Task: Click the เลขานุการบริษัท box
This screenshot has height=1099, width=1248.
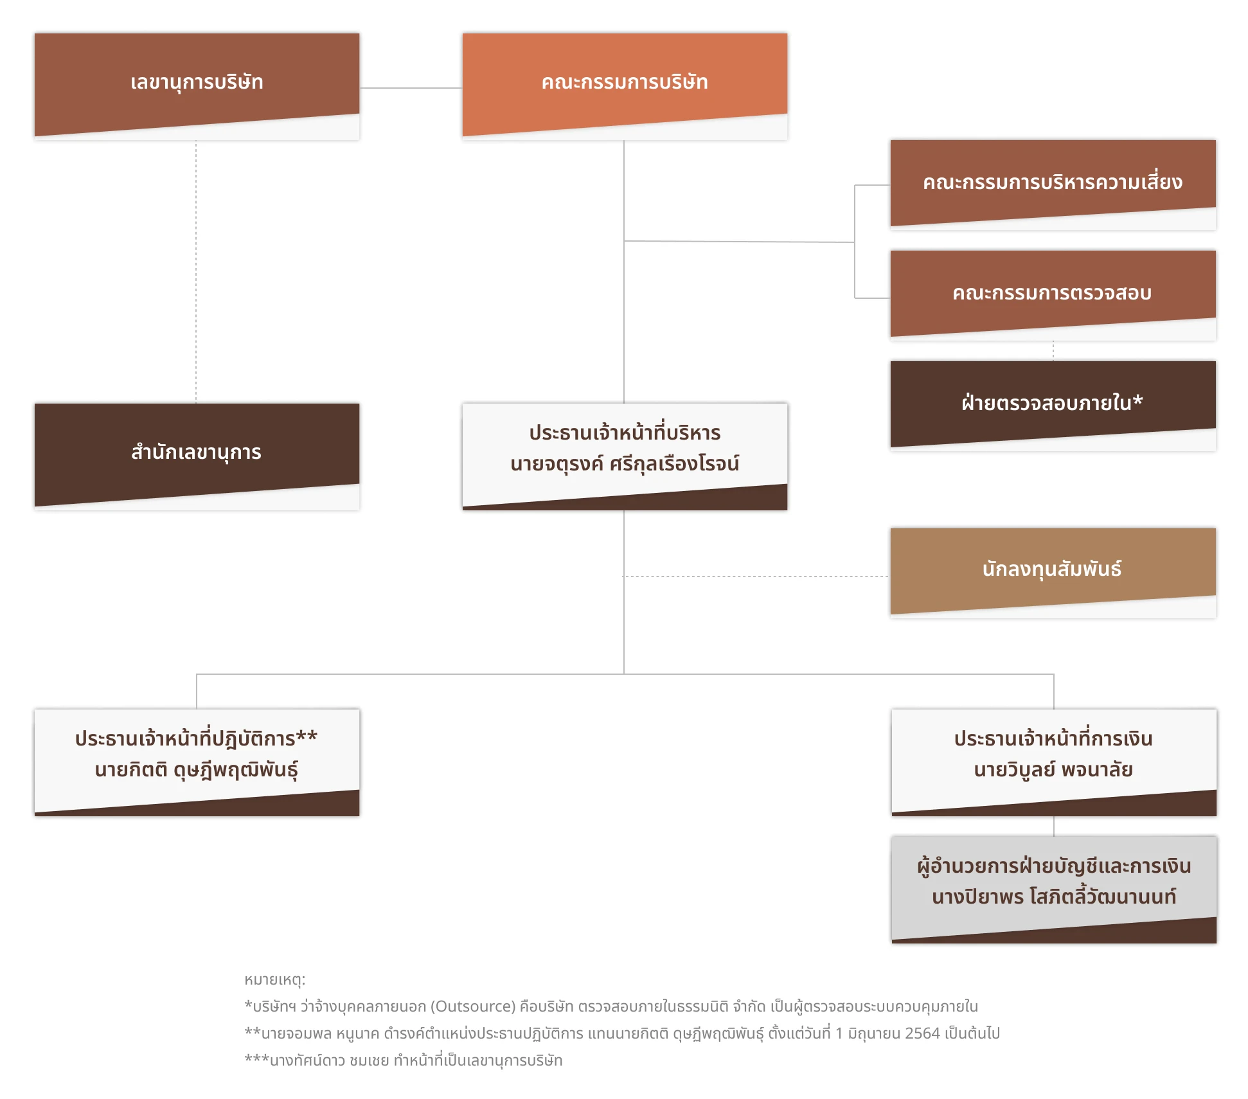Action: (197, 86)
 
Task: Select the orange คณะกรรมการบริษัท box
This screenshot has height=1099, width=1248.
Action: (625, 86)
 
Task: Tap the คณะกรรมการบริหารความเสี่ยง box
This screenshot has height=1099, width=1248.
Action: (1053, 184)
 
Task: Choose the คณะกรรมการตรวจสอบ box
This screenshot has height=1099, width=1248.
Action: (1053, 295)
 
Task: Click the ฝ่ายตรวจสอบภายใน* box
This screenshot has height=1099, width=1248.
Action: (1053, 406)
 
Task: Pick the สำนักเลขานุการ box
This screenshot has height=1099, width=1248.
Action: (197, 456)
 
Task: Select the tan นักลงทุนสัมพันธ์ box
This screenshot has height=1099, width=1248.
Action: (1053, 573)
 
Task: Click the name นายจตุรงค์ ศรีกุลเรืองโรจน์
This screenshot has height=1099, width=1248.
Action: (625, 464)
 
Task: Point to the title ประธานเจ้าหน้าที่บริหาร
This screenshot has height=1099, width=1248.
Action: (625, 433)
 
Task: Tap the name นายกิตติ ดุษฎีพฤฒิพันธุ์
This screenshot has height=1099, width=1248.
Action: (197, 770)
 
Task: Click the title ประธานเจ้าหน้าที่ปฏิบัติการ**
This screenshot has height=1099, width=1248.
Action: (197, 738)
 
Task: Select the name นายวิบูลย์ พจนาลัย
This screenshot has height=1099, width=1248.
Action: (1053, 769)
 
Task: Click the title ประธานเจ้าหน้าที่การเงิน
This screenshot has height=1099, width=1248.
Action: (1053, 738)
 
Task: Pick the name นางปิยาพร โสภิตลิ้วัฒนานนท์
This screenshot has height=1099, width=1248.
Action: (1054, 896)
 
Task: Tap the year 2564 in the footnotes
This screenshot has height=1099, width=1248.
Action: (922, 1033)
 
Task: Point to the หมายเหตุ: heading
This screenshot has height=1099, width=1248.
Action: (275, 979)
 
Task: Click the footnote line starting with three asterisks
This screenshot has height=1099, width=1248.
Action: (404, 1060)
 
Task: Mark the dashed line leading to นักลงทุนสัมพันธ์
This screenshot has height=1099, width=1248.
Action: (756, 576)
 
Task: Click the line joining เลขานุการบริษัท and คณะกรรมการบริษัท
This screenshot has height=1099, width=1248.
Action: (411, 88)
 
